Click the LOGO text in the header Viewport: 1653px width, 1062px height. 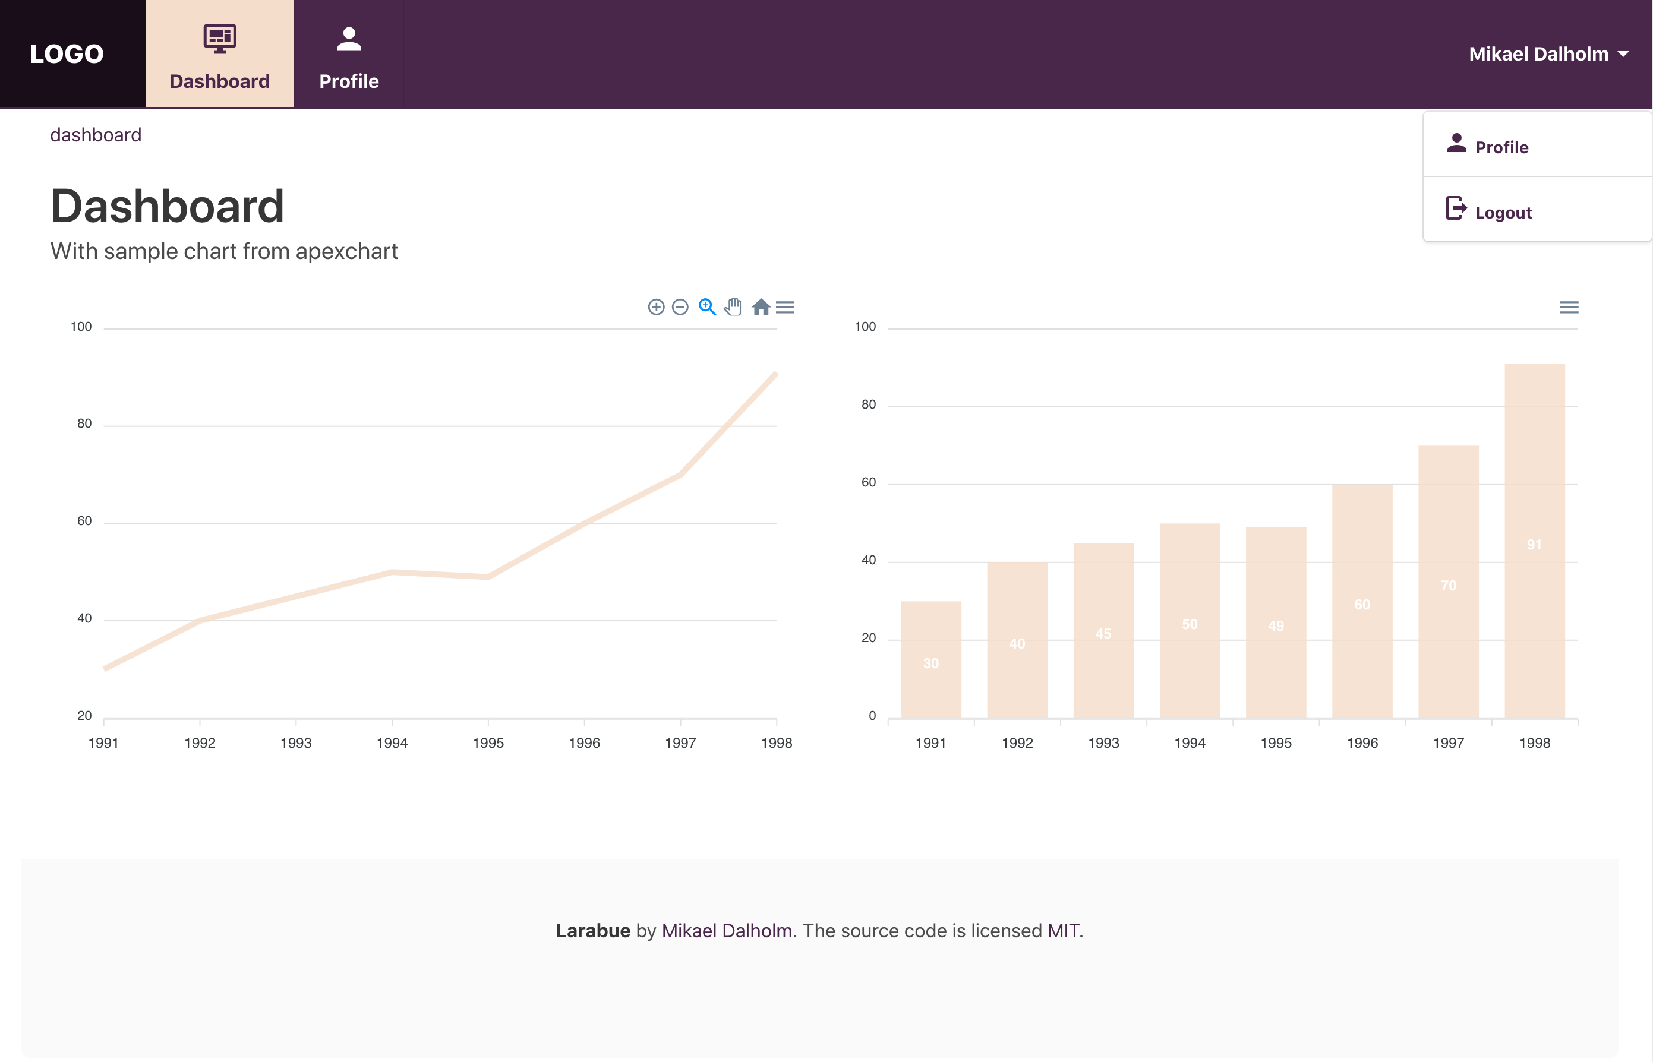pyautogui.click(x=67, y=54)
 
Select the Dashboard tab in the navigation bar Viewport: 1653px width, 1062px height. pyautogui.click(x=219, y=55)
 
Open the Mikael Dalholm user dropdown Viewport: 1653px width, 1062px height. pyautogui.click(x=1547, y=54)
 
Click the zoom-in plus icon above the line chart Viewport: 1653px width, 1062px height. pyautogui.click(x=656, y=307)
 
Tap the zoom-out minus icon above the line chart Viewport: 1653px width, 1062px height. pyautogui.click(x=680, y=307)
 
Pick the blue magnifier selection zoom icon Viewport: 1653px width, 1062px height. pyautogui.click(x=707, y=307)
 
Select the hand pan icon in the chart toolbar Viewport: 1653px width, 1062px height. pyautogui.click(x=733, y=307)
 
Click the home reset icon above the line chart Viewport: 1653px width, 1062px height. pyautogui.click(x=761, y=307)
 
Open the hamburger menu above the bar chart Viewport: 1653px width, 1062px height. pyautogui.click(x=1569, y=307)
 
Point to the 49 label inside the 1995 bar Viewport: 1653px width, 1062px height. pyautogui.click(x=1276, y=626)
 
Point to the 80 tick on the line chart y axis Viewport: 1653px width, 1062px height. pyautogui.click(x=84, y=423)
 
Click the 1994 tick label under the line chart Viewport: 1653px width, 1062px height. pyautogui.click(x=392, y=742)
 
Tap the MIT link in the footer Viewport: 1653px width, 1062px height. pyautogui.click(x=1062, y=930)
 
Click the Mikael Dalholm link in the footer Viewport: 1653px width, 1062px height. pyautogui.click(x=727, y=930)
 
